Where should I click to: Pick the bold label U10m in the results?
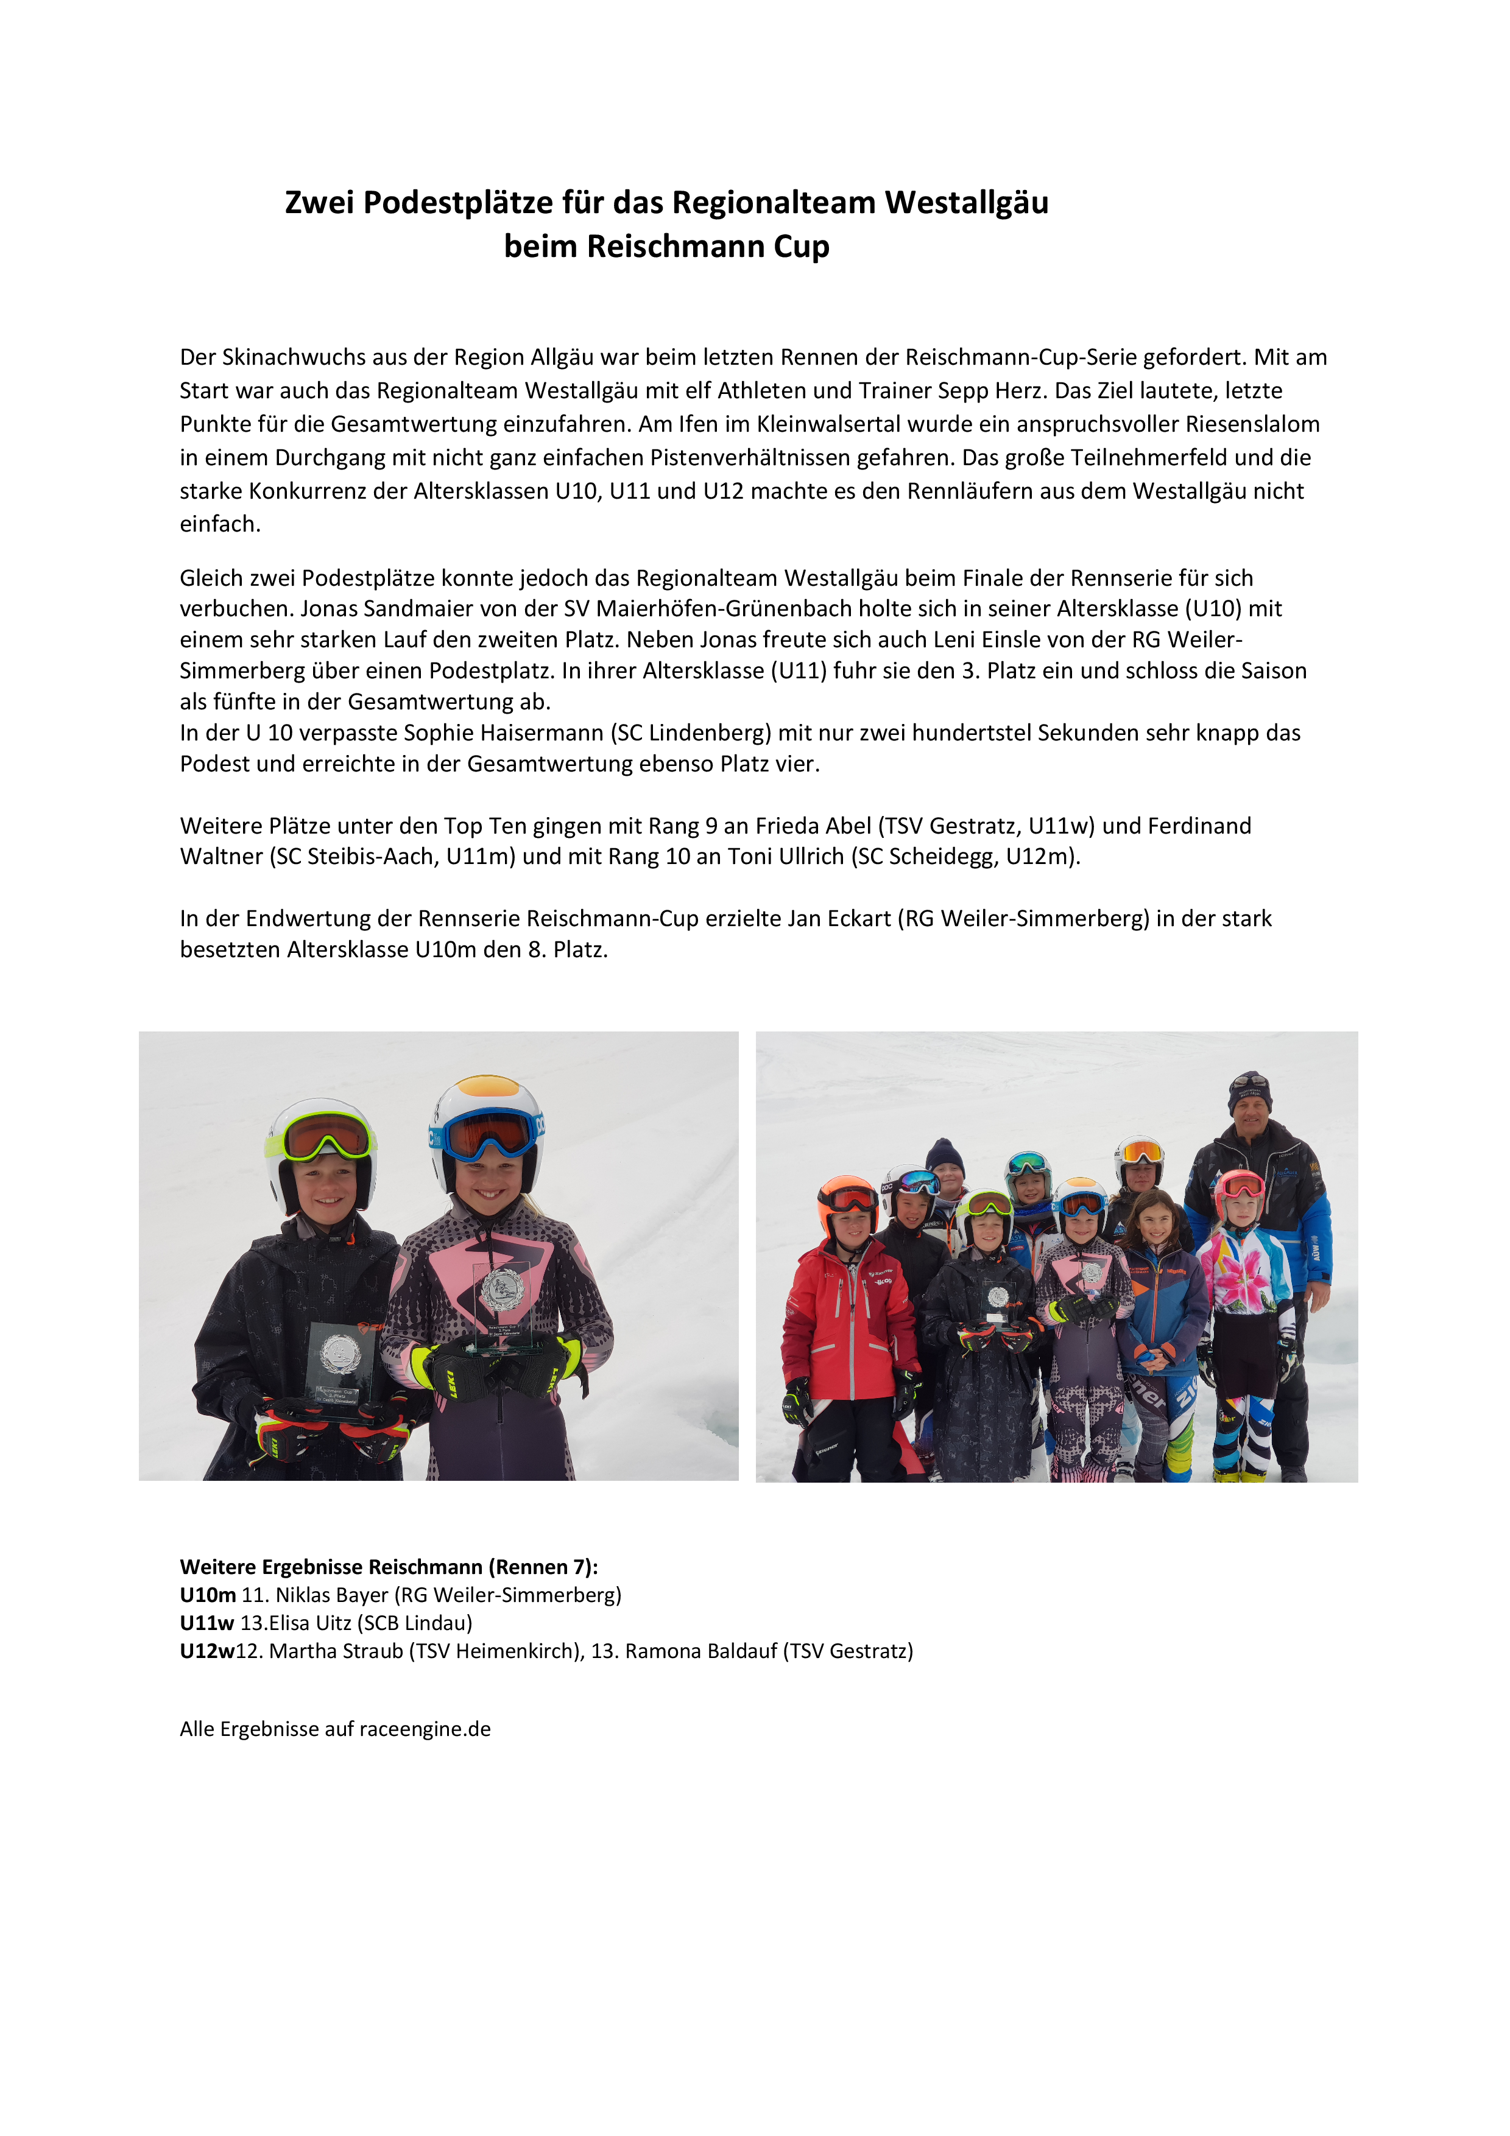(208, 1595)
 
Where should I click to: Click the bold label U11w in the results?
(206, 1623)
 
